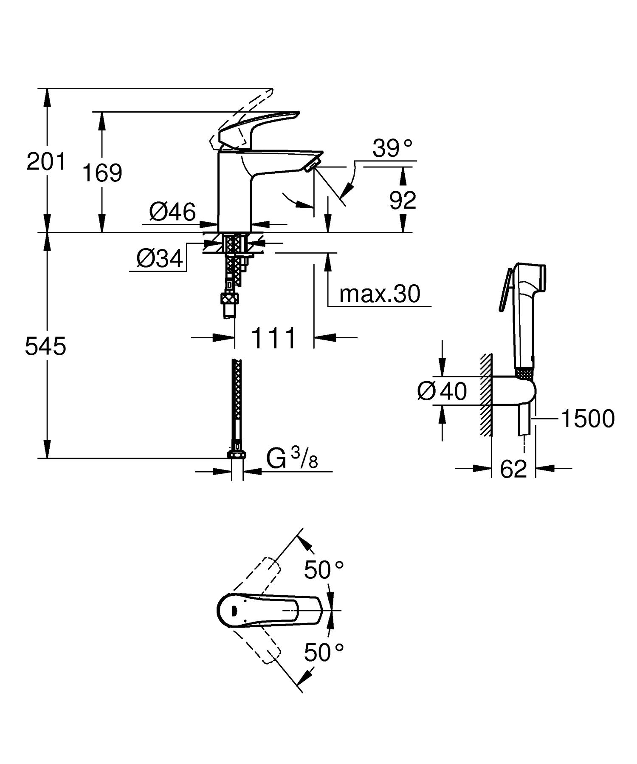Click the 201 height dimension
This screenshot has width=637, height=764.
pyautogui.click(x=46, y=162)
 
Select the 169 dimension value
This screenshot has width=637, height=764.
pyautogui.click(x=102, y=173)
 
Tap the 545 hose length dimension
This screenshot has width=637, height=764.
pyautogui.click(x=45, y=346)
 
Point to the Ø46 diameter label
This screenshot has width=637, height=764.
pyautogui.click(x=172, y=211)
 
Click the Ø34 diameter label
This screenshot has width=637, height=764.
pyautogui.click(x=160, y=258)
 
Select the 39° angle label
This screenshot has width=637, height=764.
pyautogui.click(x=392, y=148)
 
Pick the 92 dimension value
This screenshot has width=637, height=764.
pyautogui.click(x=402, y=201)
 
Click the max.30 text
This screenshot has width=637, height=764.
pyautogui.click(x=380, y=294)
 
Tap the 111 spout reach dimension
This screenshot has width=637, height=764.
pyautogui.click(x=273, y=338)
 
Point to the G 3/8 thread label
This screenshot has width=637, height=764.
pyautogui.click(x=292, y=459)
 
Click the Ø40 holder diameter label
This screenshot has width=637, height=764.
pyautogui.click(x=442, y=391)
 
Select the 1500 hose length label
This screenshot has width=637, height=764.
pyautogui.click(x=588, y=419)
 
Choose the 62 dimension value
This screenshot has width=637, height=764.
pyautogui.click(x=513, y=469)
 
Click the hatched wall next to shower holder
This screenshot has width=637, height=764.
pyautogui.click(x=486, y=395)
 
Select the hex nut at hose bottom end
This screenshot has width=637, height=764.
pyautogui.click(x=237, y=455)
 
